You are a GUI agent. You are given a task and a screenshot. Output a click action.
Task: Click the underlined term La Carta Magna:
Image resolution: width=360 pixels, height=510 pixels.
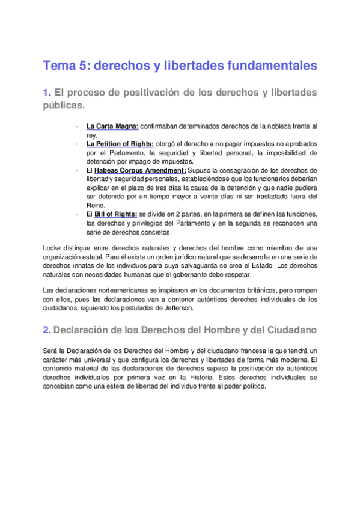point(112,126)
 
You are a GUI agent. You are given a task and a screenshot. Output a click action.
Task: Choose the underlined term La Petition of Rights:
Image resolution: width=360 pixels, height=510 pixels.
point(120,144)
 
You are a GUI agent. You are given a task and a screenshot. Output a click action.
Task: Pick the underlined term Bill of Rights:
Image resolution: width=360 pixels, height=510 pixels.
point(116,215)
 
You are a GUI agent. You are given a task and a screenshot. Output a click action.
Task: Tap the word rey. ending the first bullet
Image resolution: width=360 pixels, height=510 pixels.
point(92,135)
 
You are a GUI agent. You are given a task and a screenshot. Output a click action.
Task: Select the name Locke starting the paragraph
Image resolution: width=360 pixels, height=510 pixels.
point(52,248)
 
